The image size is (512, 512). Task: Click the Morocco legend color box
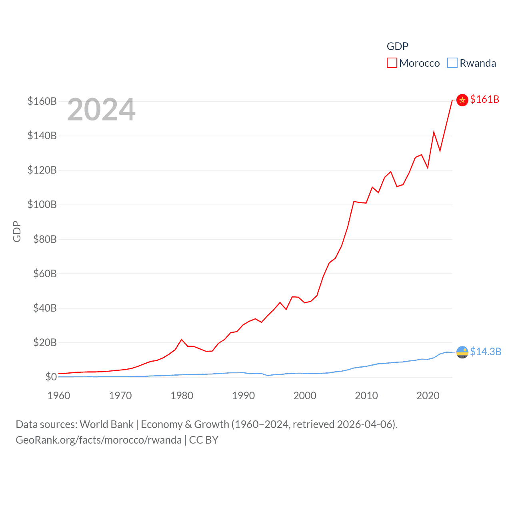[x=392, y=63]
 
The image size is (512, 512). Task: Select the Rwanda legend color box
[x=452, y=63]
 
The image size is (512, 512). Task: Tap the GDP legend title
[x=397, y=46]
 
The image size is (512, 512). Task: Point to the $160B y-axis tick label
[x=42, y=101]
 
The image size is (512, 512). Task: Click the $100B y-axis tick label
[x=42, y=205]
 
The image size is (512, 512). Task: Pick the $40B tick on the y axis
[x=45, y=308]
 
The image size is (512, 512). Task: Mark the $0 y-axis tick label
[x=51, y=377]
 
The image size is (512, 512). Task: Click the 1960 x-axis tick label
[x=59, y=396]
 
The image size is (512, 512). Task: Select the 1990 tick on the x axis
[x=243, y=396]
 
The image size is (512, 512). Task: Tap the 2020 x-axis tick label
[x=428, y=396]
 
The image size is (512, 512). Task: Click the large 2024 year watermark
[x=101, y=110]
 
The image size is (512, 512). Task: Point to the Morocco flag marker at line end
[x=462, y=100]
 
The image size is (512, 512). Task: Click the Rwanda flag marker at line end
[x=462, y=352]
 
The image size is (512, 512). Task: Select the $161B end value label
[x=484, y=99]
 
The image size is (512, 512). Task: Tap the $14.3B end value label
[x=486, y=352]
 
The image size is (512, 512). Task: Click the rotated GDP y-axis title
[x=17, y=231]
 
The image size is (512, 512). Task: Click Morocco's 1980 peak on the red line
[x=182, y=340]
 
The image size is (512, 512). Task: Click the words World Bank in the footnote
[x=107, y=424]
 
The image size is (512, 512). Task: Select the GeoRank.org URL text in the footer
[x=98, y=440]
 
